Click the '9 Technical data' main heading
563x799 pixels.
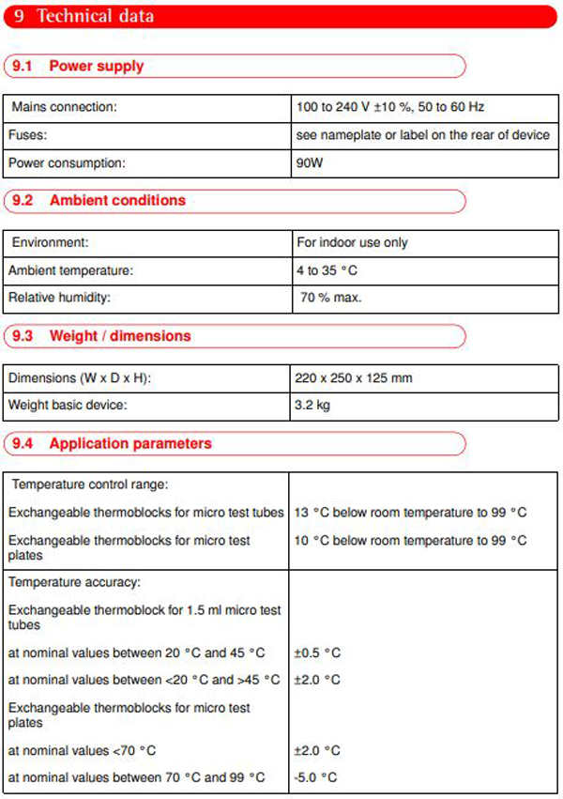point(84,16)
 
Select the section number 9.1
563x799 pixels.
point(21,66)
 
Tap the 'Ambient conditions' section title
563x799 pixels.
point(117,200)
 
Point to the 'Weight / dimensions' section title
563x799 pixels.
point(120,335)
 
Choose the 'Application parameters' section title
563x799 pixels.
point(130,443)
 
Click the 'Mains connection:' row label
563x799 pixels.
point(64,107)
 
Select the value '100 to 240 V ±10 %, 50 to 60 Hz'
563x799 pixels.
point(389,107)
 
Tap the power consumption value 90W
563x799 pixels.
point(309,162)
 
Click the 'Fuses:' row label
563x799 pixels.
point(27,135)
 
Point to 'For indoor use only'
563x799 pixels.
point(352,242)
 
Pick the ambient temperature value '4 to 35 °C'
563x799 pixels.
point(327,270)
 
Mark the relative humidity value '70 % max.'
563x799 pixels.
point(329,298)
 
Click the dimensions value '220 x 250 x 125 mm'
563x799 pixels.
point(354,377)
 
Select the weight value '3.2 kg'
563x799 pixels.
point(312,406)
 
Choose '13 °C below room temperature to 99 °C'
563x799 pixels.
point(411,513)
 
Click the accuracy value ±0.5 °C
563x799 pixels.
point(317,652)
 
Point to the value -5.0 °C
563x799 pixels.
point(315,777)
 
